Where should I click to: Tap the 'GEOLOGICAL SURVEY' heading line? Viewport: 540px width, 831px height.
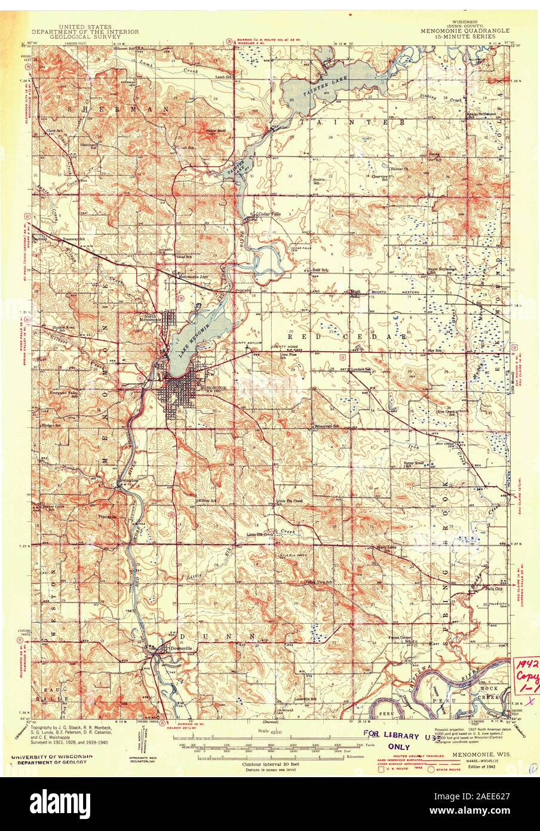tap(85, 36)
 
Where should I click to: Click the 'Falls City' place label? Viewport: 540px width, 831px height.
tap(495, 588)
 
